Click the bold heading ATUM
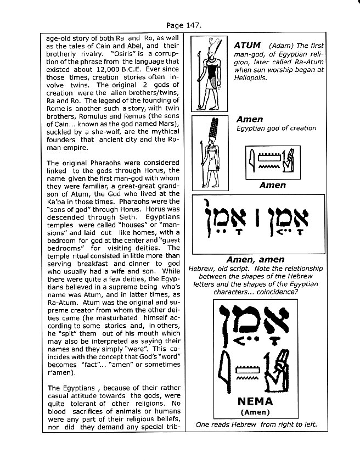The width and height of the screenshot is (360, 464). click(248, 46)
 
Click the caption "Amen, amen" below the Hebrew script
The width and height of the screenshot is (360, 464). click(256, 259)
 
